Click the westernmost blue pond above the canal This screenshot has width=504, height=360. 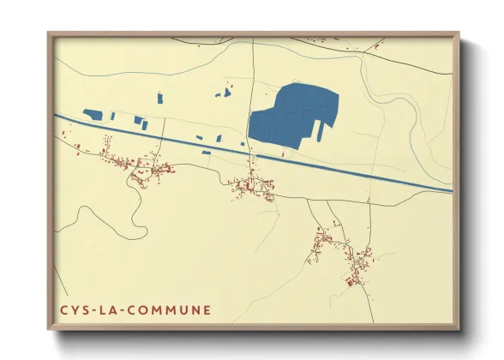tap(93, 113)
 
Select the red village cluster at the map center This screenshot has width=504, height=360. tap(253, 184)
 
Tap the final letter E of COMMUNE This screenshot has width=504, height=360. tap(207, 309)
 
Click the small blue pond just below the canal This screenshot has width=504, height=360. tap(206, 153)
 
